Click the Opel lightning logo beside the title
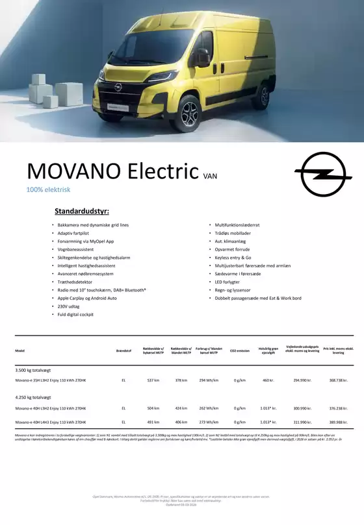pos(323,172)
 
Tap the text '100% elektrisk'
pos(48,190)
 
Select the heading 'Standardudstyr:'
pos(82,212)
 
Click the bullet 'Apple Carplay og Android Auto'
pos(87,298)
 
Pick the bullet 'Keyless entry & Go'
pos(233,258)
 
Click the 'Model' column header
pos(20,351)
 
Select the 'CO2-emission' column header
pos(239,351)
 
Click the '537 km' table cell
pos(153,380)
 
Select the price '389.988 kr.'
pos(338,422)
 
